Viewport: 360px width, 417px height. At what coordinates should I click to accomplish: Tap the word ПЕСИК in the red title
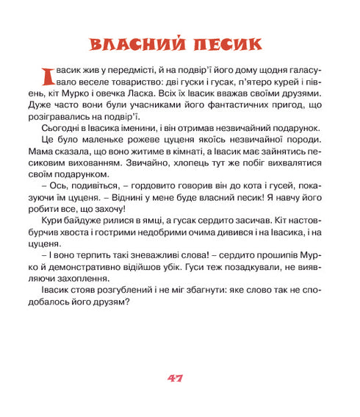[228, 43]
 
